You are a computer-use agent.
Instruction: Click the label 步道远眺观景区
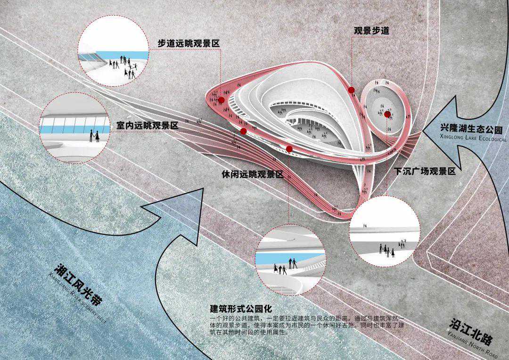189,43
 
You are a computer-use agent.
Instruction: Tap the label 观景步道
371,31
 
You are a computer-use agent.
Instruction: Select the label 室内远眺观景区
148,126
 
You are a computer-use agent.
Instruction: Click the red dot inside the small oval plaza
387,114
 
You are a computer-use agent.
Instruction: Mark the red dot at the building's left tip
221,99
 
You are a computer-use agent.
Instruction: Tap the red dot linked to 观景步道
351,90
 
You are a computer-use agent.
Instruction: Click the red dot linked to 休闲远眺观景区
289,149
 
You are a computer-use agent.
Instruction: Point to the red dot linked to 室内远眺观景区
243,131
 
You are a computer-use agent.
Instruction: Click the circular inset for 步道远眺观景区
112,52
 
